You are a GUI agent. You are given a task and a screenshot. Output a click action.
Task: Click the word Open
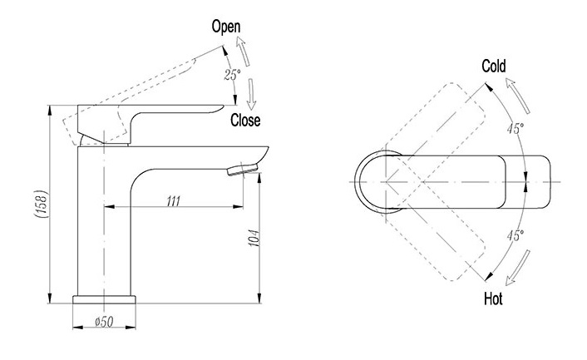point(225,27)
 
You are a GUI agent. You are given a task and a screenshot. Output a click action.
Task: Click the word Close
point(246,121)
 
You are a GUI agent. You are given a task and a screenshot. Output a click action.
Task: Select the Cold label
point(493,67)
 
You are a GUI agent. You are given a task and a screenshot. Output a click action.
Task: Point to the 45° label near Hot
point(515,236)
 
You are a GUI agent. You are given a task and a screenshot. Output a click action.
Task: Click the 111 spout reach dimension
point(173,200)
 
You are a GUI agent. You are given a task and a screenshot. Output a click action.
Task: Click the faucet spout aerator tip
point(243,169)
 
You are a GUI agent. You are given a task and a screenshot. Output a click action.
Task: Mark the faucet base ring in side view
point(104,300)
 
